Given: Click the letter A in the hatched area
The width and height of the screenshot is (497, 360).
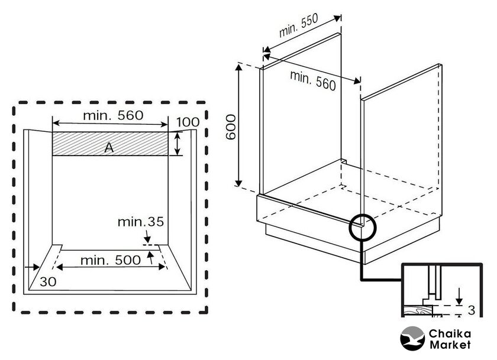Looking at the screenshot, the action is click(109, 147).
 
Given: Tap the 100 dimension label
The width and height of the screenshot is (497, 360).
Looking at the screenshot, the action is click(188, 122).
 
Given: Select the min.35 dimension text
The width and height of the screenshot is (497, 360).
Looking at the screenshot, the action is click(140, 222).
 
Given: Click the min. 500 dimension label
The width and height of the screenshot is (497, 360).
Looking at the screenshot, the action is click(110, 260).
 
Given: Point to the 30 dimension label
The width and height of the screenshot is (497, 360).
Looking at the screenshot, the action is click(48, 281).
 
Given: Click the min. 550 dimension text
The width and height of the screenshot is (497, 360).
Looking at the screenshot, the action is click(298, 25).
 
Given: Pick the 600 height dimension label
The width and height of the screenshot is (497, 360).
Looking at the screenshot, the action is click(231, 127).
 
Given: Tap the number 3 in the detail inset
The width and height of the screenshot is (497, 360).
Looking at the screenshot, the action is click(471, 310).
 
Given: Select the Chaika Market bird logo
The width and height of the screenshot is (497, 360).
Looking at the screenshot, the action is click(412, 339).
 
